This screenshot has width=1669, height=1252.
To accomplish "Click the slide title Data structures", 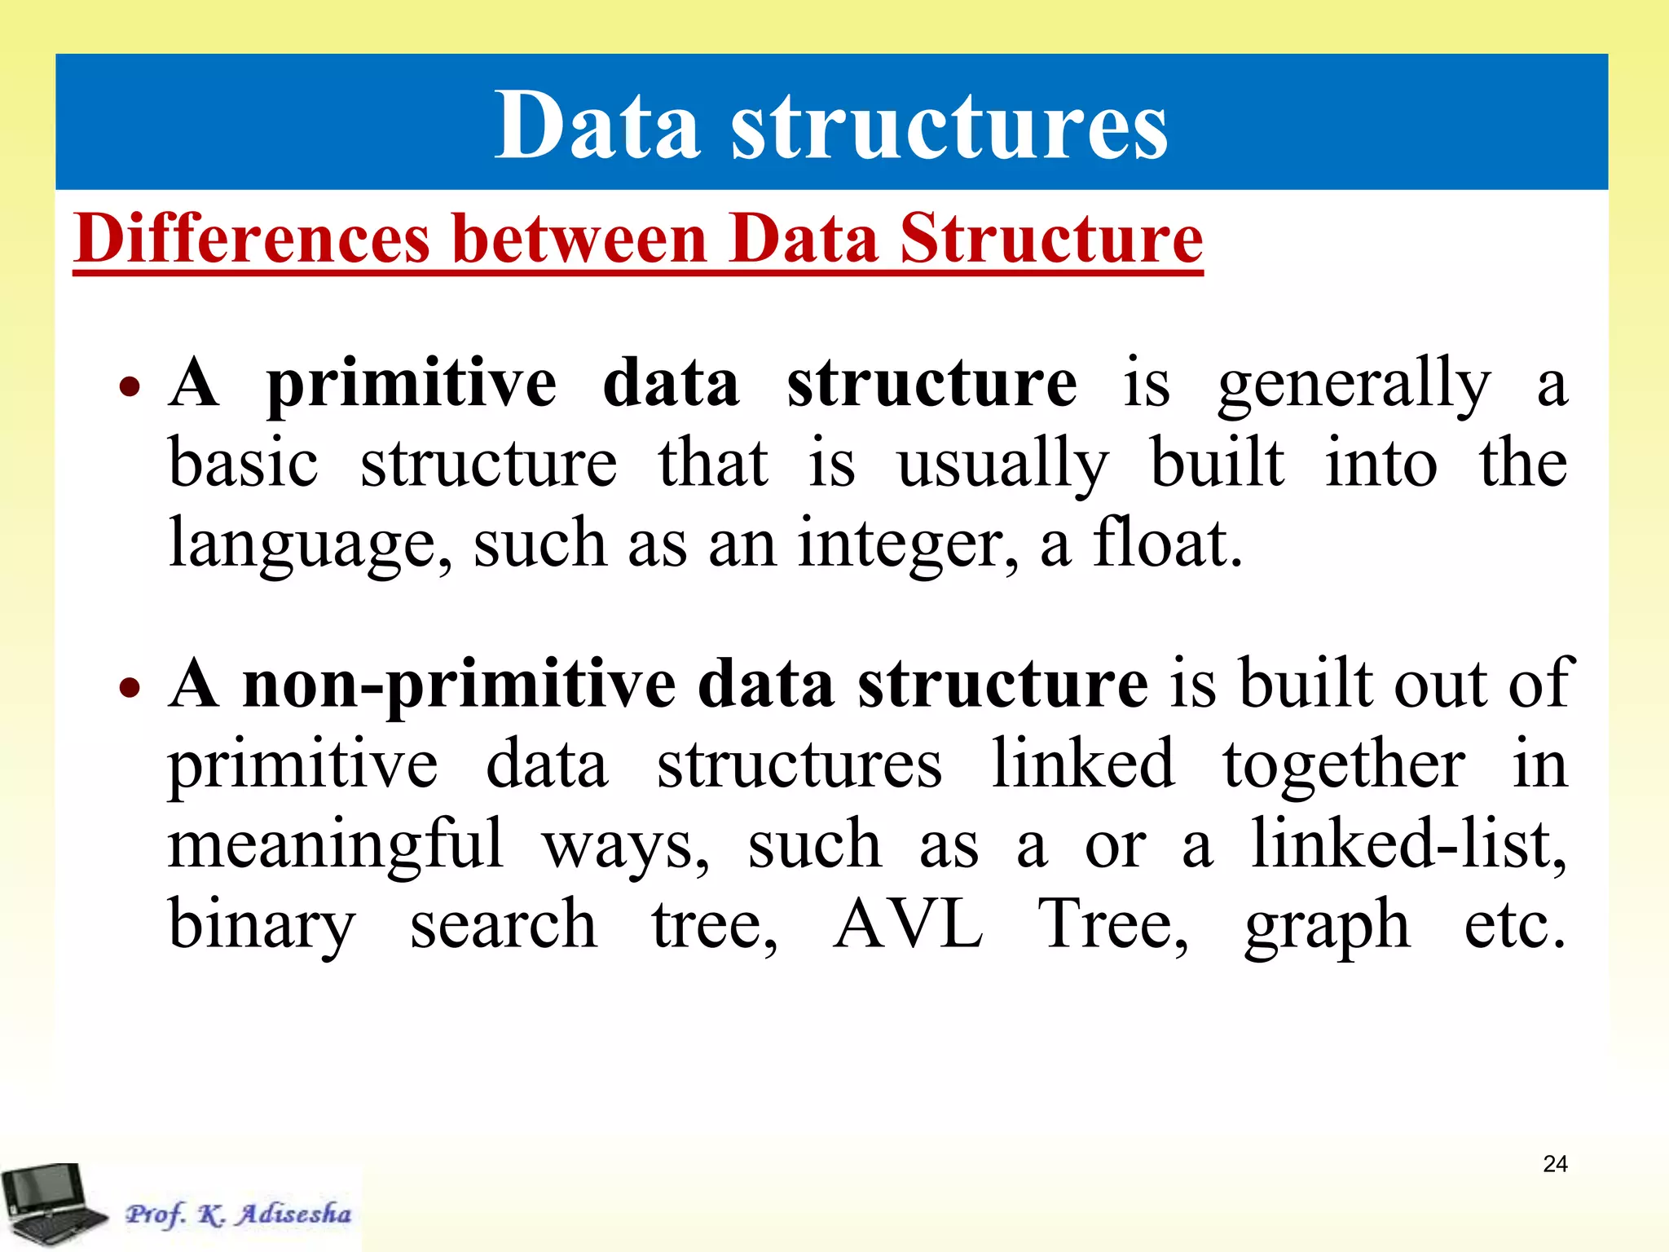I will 831,125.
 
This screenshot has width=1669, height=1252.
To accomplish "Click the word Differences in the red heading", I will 251,239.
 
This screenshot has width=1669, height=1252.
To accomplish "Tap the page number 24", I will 1555,1164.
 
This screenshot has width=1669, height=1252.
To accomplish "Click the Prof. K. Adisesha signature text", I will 238,1214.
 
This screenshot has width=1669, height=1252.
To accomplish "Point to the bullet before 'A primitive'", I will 130,386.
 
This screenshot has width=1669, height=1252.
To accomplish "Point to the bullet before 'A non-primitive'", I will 130,687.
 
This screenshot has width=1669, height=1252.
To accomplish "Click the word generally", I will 1354,385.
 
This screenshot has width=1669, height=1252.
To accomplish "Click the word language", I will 310,544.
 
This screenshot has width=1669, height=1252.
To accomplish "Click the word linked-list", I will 1407,844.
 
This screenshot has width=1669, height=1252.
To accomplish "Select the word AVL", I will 908,924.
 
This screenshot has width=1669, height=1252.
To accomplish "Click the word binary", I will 262,924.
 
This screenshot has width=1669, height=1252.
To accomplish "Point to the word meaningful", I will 336,844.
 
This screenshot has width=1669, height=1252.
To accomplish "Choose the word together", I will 1343,765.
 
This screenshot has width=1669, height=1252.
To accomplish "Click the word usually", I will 1002,465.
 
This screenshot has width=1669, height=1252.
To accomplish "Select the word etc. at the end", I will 1514,924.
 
